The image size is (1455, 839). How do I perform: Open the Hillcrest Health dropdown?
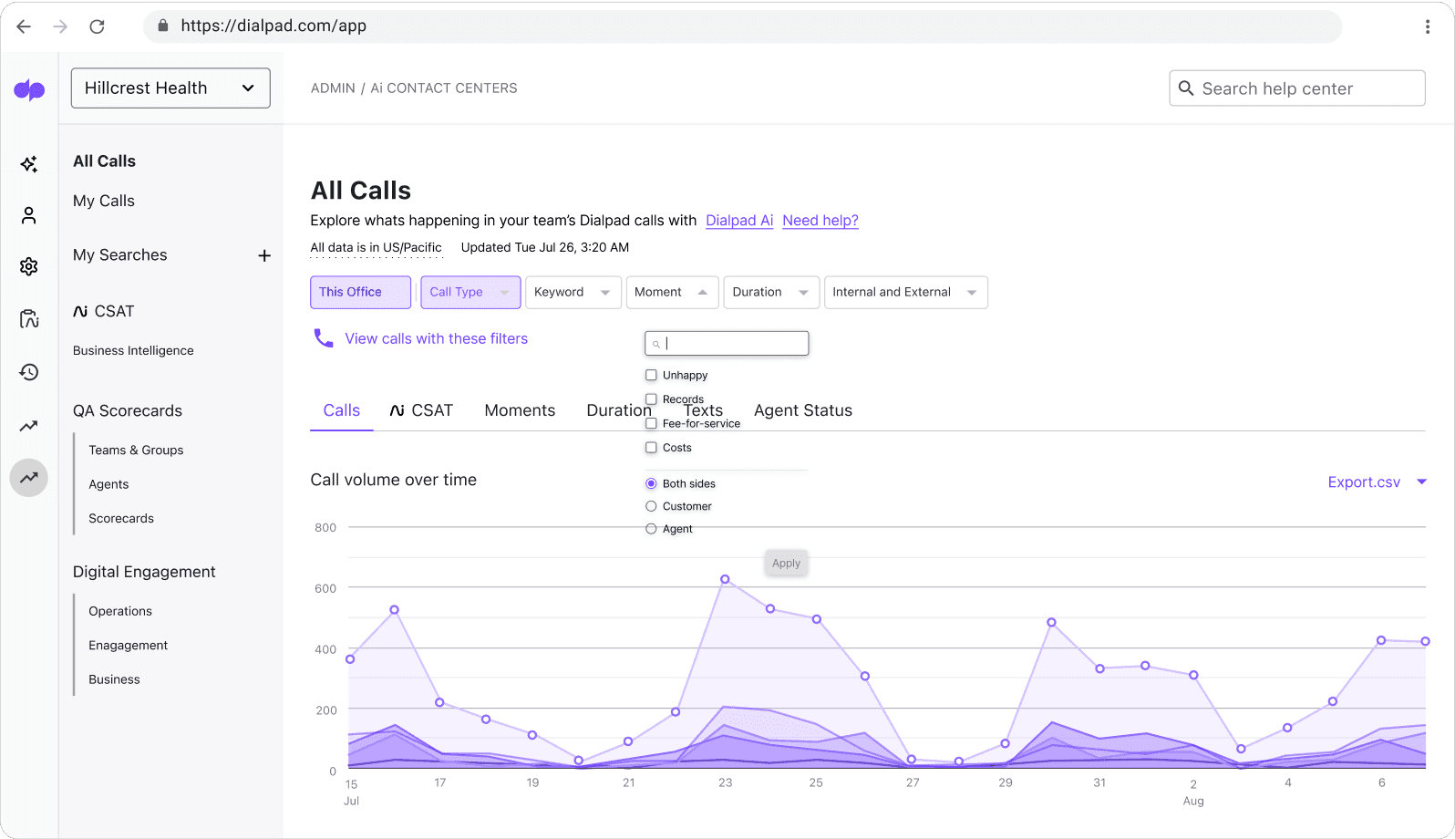(170, 88)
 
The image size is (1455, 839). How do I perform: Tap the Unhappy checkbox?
(651, 375)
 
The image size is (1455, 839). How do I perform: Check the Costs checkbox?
(651, 448)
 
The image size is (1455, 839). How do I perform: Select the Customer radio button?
(651, 506)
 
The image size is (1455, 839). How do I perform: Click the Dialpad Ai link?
(738, 221)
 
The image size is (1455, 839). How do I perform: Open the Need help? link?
(820, 221)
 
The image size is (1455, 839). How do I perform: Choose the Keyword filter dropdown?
(573, 292)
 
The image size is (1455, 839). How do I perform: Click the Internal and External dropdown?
(904, 292)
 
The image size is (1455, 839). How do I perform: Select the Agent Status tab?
(802, 410)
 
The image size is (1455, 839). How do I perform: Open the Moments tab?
(520, 410)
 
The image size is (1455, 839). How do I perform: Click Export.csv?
(1363, 482)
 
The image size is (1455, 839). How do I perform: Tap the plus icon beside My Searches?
(264, 255)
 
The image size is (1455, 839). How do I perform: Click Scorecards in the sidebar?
(121, 518)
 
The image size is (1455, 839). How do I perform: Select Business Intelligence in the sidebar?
(133, 350)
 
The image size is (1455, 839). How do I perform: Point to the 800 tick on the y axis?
(325, 527)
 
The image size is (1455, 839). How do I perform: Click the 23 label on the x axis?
(725, 782)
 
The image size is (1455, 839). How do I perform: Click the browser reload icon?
(97, 26)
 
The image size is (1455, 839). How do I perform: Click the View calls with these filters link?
(436, 338)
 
